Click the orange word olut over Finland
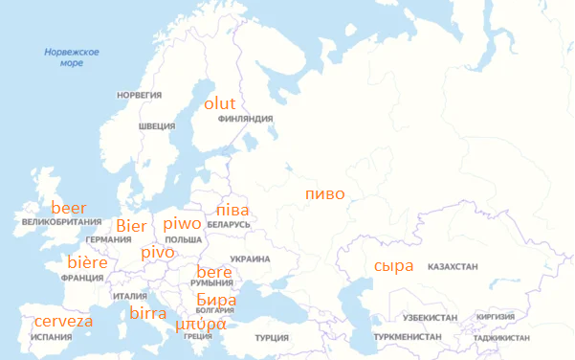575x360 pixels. coord(220,103)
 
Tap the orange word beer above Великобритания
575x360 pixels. coord(68,208)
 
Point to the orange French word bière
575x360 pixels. coord(87,262)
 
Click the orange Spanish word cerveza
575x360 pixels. coord(63,321)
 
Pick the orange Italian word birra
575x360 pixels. coord(148,313)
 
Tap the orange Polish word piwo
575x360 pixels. coord(183,224)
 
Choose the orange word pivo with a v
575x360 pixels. coord(158,252)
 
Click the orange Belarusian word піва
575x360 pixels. coord(232,209)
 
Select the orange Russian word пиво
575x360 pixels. coord(324,193)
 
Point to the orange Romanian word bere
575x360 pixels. coord(213,273)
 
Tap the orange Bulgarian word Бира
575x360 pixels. coord(215,299)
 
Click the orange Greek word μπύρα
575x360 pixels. coord(201,324)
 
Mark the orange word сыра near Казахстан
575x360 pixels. coord(393,265)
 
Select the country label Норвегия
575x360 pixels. coord(139,96)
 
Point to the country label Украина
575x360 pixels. coord(250,259)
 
